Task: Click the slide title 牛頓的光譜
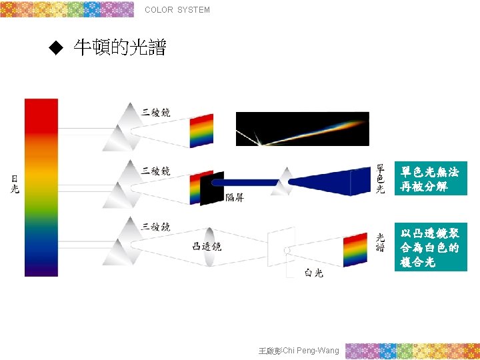pos(120,47)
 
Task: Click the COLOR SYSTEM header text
pos(177,10)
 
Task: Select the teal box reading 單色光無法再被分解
pos(429,179)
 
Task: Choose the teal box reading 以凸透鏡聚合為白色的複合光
pos(429,247)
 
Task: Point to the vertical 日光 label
pos(15,184)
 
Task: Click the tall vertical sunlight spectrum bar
pos(41,187)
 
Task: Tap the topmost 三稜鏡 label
pos(156,112)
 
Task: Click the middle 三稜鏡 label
pos(156,171)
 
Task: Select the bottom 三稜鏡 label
pos(156,227)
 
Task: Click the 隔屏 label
pos(235,197)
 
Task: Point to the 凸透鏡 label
pos(207,247)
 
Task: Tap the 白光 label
pos(313,272)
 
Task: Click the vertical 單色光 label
pos(380,179)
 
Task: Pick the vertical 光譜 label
pos(380,242)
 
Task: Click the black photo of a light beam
pos(302,129)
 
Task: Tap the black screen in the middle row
pos(212,189)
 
